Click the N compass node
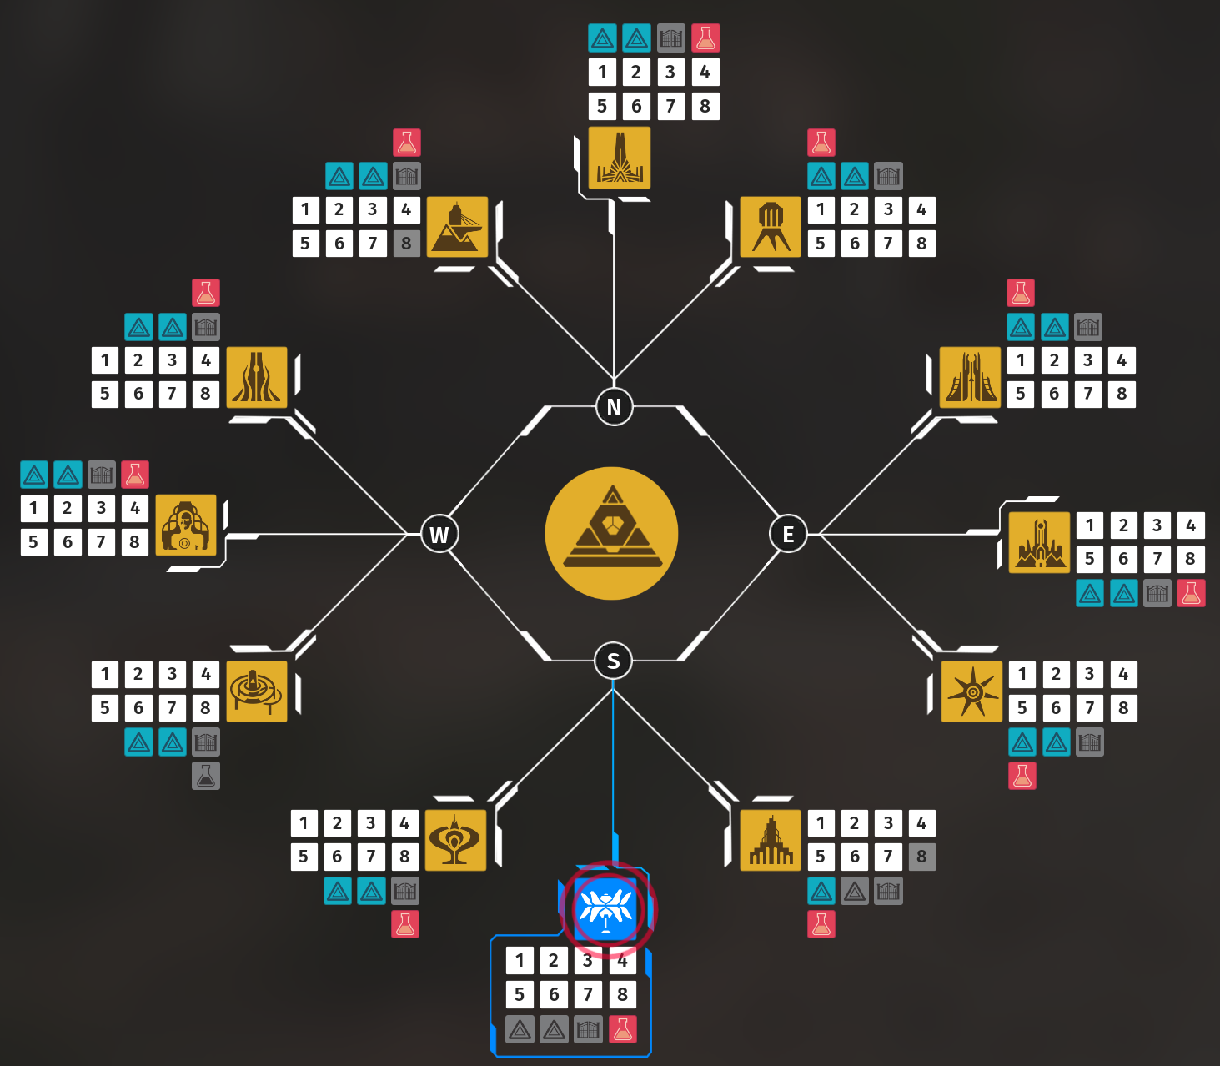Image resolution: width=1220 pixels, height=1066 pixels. coord(614,407)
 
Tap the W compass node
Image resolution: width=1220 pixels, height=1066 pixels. coord(439,534)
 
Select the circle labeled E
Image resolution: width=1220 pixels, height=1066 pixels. coord(788,534)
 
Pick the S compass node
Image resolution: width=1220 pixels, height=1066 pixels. coord(614,661)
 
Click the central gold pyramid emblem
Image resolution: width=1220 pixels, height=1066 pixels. coord(611,534)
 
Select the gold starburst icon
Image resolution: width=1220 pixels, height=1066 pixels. coord(971,691)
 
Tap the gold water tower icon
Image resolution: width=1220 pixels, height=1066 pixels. coord(771,227)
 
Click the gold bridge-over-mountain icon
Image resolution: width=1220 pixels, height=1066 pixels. coord(457,227)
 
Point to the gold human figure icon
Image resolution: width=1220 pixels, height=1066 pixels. coord(186,525)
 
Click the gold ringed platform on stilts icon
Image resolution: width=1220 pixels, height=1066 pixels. coord(256,691)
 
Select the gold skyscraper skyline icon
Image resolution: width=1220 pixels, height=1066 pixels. coord(771,841)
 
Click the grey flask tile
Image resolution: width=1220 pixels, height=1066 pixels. coord(206,776)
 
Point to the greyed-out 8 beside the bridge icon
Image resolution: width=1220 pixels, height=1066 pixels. coord(406,244)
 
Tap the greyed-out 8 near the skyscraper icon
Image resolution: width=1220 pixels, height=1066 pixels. coord(921,857)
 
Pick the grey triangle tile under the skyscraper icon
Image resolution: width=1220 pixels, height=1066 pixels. coord(855,892)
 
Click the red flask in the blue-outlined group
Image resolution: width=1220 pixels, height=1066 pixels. coord(622,1029)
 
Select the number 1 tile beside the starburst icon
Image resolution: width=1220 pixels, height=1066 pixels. coord(1022,674)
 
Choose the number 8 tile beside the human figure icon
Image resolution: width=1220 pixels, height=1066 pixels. coord(134,542)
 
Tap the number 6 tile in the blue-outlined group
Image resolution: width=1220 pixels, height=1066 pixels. coord(554,994)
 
